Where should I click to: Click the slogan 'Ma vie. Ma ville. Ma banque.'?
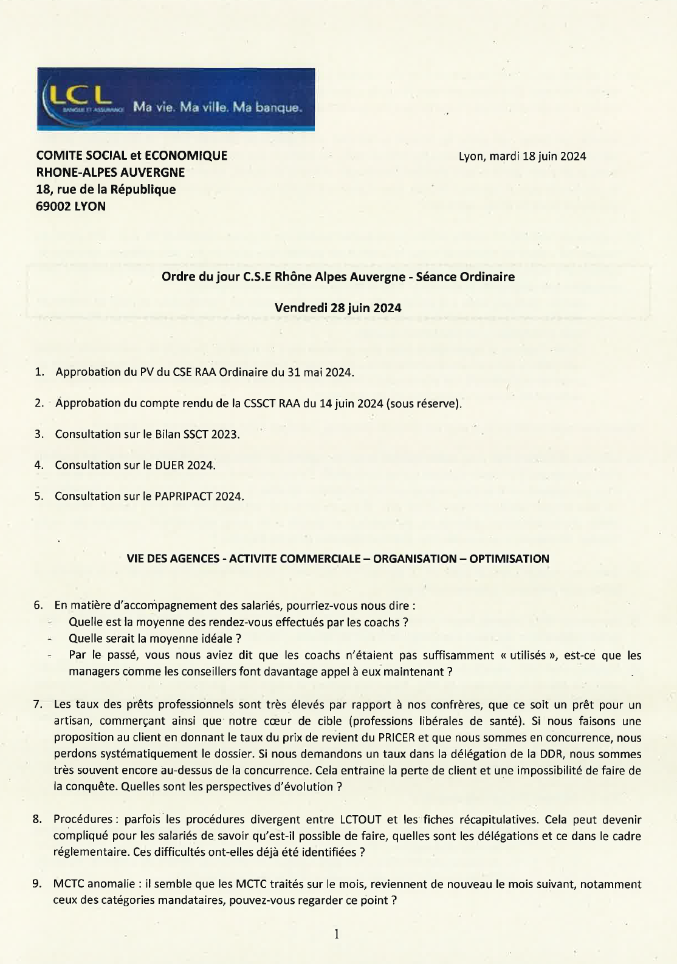point(217,108)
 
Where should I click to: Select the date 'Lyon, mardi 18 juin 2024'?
point(522,156)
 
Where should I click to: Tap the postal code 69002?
point(53,207)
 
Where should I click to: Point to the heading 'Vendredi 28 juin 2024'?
point(338,308)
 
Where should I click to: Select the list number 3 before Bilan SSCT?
point(39,434)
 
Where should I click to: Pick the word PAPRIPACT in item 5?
point(184,496)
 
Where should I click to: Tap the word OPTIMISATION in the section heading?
point(509,559)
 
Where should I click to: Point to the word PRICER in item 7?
point(396,738)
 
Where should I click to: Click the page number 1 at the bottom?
point(337,934)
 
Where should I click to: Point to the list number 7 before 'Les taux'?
point(38,705)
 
